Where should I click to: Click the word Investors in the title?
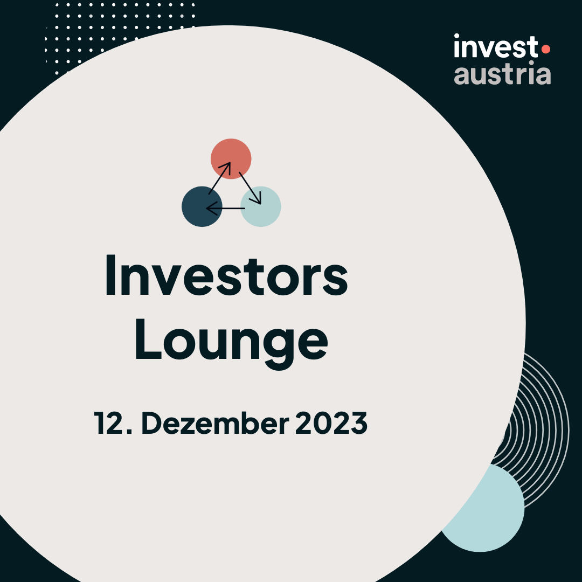226,275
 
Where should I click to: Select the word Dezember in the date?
215,423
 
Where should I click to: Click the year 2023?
331,423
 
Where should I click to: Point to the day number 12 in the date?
109,423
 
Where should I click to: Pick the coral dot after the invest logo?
545,49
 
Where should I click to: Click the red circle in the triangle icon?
231,159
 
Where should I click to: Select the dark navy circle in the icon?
202,206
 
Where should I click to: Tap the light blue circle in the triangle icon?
261,206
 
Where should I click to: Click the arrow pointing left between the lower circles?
225,208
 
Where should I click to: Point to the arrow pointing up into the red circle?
220,178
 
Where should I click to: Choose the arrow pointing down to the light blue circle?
250,188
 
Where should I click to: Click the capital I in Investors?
110,275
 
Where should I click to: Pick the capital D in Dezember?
152,423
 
